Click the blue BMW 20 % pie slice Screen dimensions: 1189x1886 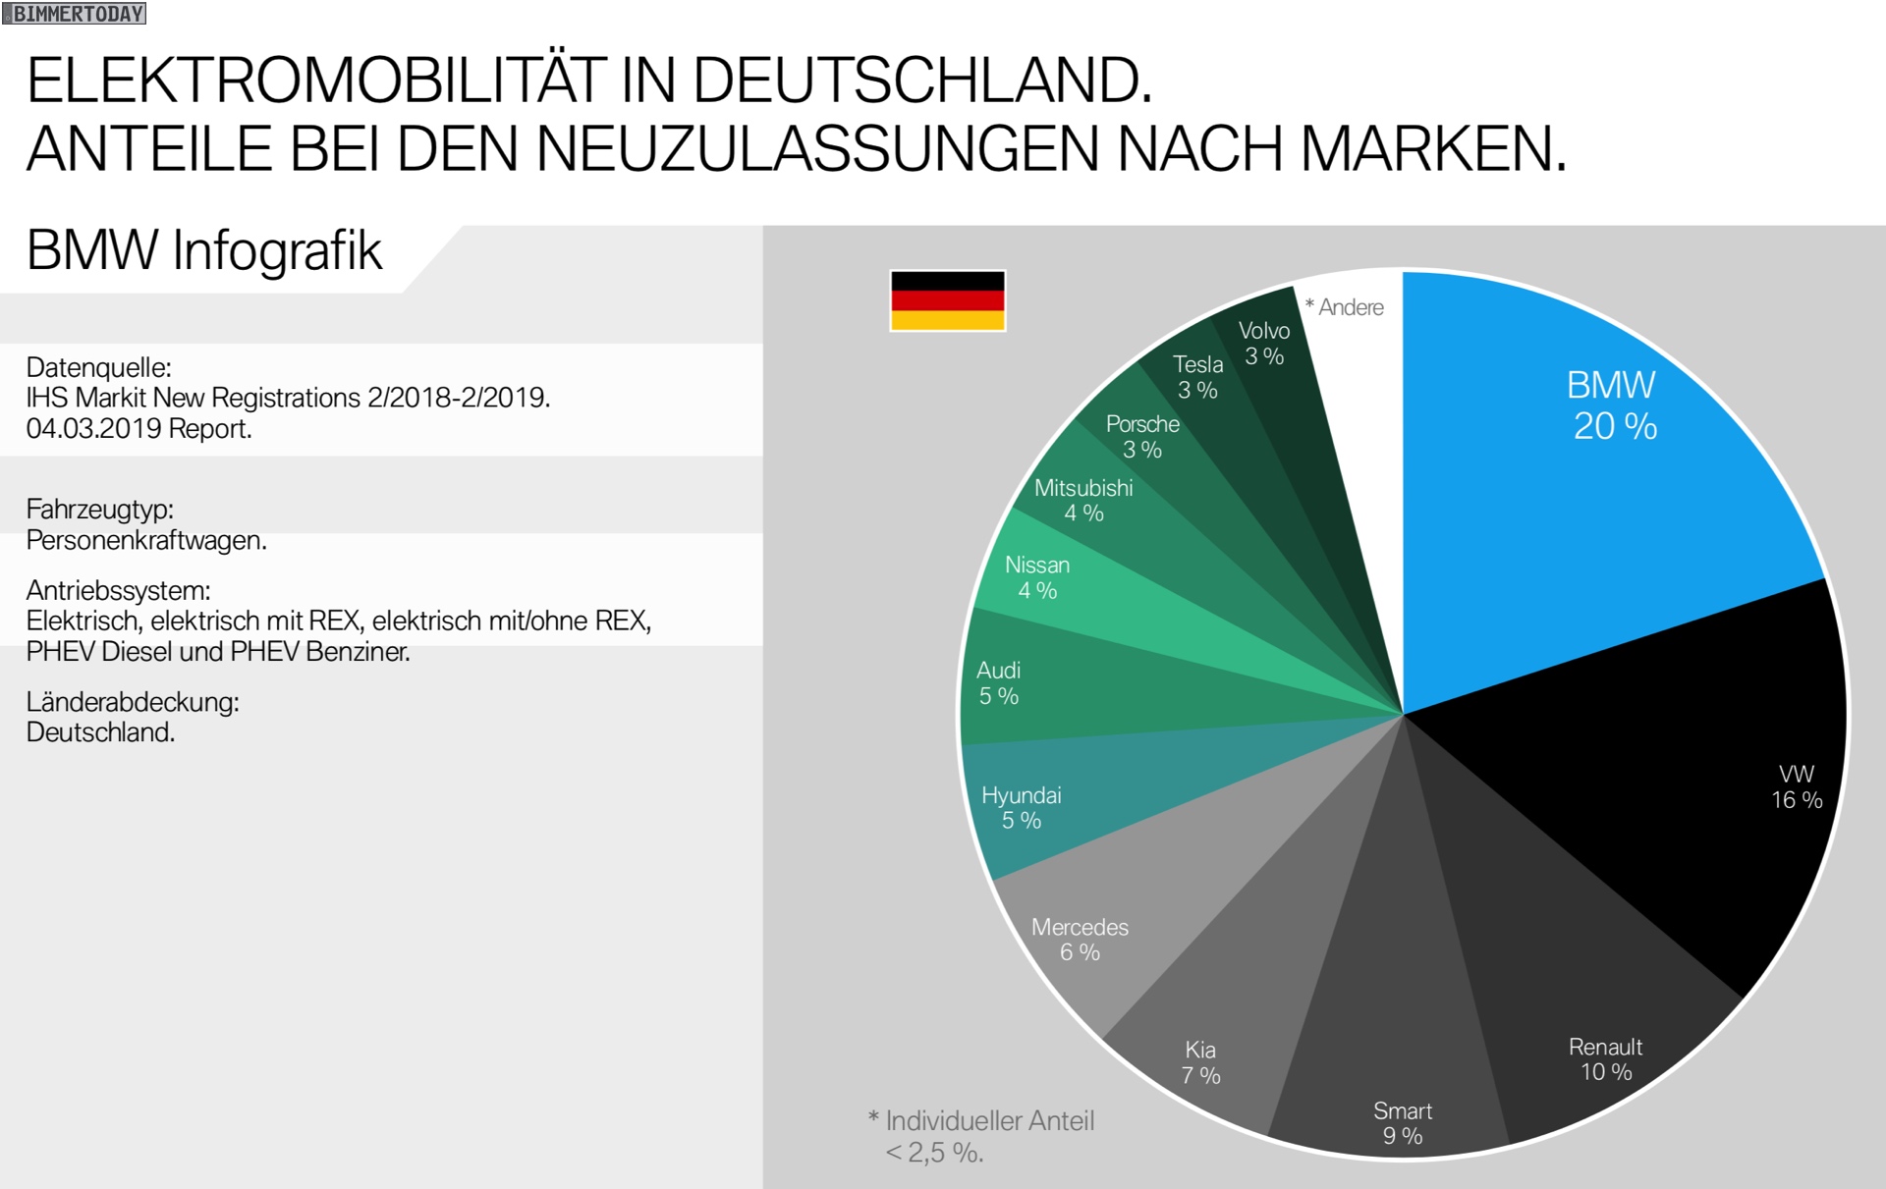point(1591,471)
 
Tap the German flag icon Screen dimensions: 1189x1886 point(947,300)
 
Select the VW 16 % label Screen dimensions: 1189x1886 point(1797,786)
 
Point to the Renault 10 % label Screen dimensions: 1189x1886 point(1605,1059)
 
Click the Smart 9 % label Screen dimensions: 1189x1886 point(1403,1123)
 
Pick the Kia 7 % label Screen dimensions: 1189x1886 point(1200,1062)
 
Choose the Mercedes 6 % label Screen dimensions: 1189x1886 point(1080,940)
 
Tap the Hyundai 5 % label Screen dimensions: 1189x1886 point(1022,807)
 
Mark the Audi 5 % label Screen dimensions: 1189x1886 point(999,682)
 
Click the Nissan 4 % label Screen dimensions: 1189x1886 point(1037,577)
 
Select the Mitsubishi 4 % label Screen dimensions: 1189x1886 point(1083,500)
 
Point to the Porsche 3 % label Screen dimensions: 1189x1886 point(1142,436)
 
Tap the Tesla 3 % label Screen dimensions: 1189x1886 point(1197,377)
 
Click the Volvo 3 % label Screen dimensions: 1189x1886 point(1264,343)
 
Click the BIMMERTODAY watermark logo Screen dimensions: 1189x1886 point(75,14)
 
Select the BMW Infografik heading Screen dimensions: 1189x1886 point(203,250)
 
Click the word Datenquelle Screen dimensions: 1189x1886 point(98,368)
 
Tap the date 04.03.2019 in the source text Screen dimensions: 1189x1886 point(94,429)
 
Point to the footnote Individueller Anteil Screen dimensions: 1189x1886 point(989,1121)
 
